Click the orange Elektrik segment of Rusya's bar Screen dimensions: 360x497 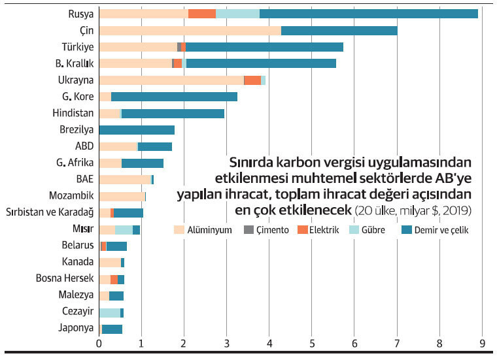[201, 14]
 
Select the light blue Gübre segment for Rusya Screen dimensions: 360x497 [237, 14]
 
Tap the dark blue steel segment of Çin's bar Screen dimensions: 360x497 [339, 31]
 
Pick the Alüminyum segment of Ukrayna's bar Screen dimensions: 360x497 [171, 80]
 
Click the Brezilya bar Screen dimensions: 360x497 [137, 130]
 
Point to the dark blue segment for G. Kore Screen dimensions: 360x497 [174, 97]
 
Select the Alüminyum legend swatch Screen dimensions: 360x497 [179, 230]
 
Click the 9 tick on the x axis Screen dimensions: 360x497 [482, 342]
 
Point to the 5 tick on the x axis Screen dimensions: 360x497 [312, 342]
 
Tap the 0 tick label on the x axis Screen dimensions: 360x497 [99, 342]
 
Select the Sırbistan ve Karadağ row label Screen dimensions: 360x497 [50, 212]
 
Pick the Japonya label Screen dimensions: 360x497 [77, 329]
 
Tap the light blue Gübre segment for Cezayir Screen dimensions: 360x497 [109, 313]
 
